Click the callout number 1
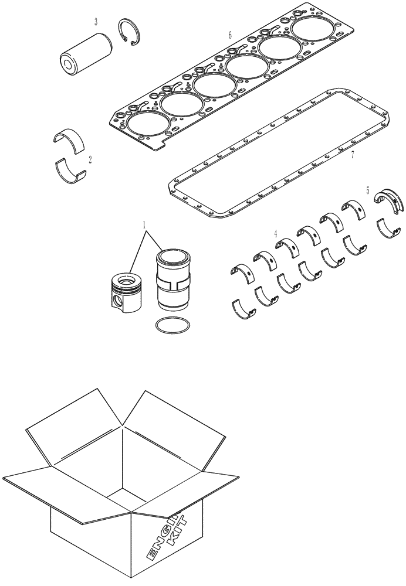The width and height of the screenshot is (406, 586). [x=144, y=225]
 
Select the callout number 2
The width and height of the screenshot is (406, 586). [x=90, y=159]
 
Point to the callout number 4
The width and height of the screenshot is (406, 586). [x=275, y=233]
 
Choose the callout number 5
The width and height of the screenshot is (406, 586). [x=367, y=190]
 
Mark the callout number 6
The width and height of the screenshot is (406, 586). [x=230, y=35]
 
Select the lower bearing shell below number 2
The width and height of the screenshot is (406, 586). [x=70, y=171]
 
